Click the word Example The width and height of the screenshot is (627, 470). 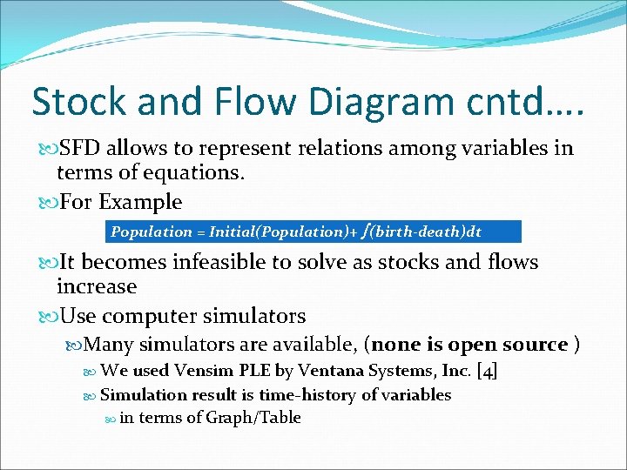[140, 203]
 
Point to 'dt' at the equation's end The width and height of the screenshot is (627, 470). [473, 232]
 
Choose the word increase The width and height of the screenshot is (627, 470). [97, 286]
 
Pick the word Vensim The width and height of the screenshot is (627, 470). [209, 371]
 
